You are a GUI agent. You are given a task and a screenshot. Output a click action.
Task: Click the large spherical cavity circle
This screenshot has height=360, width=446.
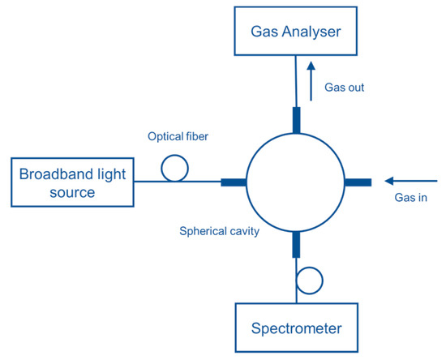pos(297,182)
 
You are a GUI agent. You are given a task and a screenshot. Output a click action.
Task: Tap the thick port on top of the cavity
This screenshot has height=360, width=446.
pos(297,118)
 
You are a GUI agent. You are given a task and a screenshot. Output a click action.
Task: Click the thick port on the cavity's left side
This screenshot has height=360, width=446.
pos(233,182)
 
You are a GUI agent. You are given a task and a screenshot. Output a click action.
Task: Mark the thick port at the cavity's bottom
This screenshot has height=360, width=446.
pos(297,243)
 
